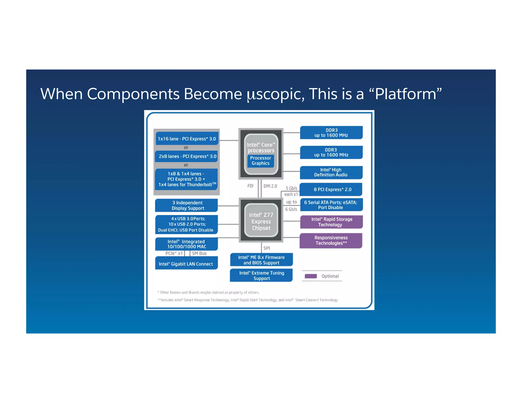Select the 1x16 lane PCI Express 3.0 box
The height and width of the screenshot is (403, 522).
(187, 139)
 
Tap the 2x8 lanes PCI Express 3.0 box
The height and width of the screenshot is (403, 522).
(187, 156)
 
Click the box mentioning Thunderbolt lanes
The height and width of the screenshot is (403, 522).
(187, 179)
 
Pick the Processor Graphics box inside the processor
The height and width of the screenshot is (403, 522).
(260, 161)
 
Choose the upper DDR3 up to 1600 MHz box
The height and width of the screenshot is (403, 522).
(331, 132)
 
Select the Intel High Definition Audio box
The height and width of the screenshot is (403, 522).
(331, 172)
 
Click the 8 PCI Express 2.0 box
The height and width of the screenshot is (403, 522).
(331, 189)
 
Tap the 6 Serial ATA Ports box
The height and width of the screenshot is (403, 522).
(331, 205)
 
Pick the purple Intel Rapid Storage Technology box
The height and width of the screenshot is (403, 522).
(331, 222)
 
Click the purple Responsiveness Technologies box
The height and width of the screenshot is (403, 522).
(331, 240)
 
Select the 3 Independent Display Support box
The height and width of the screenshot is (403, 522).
(187, 205)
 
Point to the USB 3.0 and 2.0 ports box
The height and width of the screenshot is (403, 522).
(187, 224)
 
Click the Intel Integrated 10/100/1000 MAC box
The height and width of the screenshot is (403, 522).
(187, 244)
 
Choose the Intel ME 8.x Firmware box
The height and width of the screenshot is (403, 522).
(261, 260)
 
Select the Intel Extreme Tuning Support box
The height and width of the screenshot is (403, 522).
(261, 275)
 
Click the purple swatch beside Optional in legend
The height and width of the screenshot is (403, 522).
(311, 276)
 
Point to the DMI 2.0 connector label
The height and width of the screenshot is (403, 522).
(270, 186)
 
